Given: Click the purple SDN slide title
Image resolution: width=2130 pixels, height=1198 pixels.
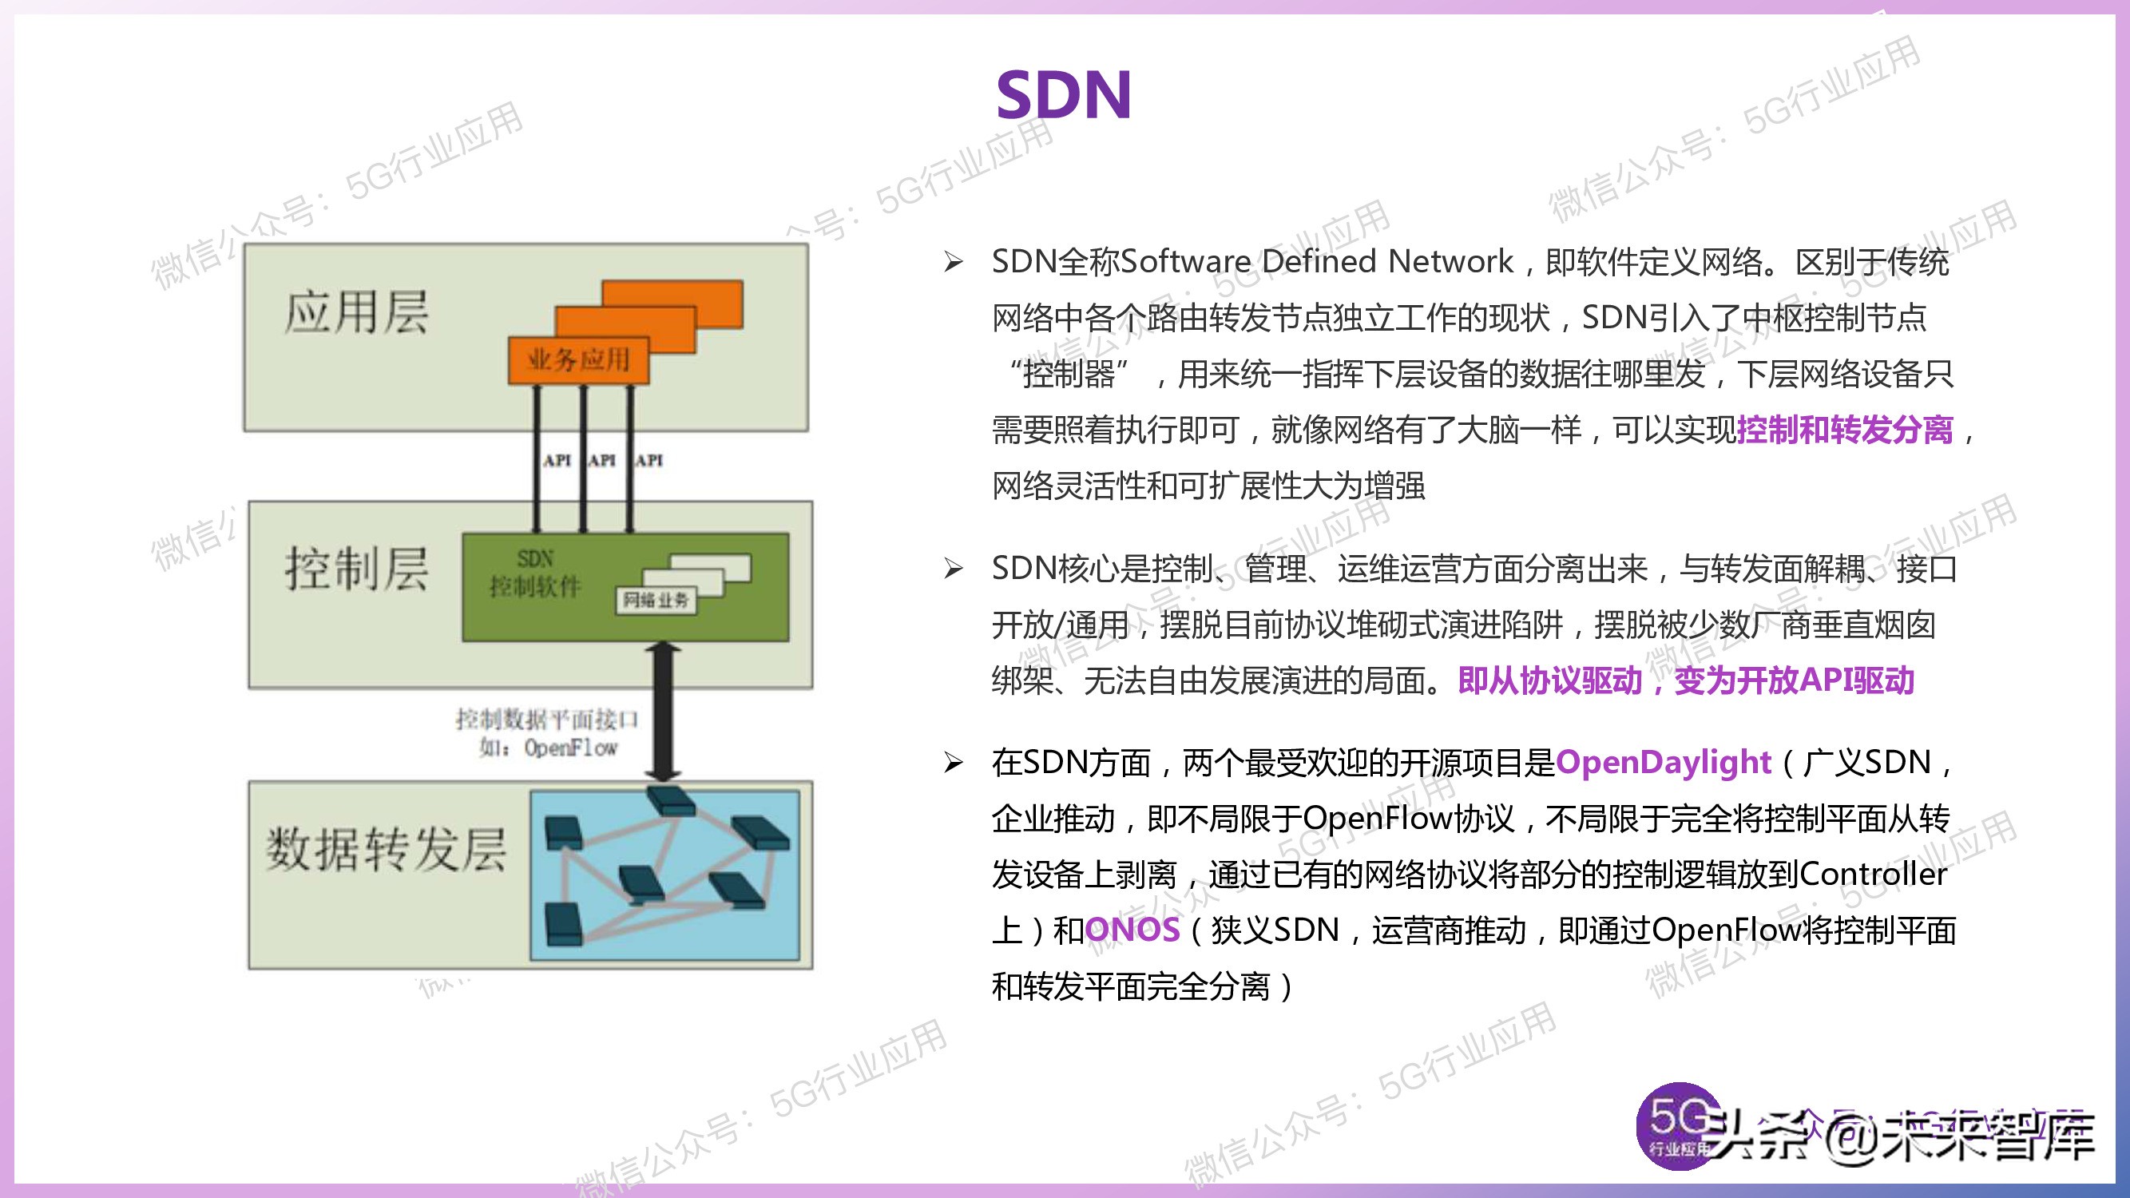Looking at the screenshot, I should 1063,95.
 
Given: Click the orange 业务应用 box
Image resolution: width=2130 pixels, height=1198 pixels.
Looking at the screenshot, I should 578,359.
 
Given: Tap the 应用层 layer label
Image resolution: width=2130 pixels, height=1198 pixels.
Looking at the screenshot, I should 356,312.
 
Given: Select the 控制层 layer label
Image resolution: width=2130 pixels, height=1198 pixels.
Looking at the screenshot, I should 356,569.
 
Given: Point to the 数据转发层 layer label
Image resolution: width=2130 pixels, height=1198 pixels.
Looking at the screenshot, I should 385,849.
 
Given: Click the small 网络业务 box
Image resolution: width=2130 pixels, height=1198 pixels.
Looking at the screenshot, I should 655,600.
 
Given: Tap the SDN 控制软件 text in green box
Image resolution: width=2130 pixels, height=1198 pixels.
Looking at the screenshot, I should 535,573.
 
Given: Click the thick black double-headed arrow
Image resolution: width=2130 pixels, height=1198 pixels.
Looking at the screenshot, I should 662,711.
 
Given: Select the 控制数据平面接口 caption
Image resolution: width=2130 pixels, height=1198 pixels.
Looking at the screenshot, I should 546,719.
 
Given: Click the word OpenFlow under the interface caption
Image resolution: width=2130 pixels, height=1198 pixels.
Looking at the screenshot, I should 570,748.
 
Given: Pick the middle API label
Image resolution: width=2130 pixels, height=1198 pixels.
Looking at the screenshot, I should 601,460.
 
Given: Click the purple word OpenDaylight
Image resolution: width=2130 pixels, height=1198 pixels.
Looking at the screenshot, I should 1663,761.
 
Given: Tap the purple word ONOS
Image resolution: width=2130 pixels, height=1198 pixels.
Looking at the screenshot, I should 1132,930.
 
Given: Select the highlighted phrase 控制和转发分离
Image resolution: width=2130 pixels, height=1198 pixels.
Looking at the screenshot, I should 1845,430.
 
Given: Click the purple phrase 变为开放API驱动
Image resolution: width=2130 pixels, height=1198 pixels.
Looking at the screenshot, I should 1795,680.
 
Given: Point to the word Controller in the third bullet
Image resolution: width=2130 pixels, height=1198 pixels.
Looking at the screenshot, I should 1873,874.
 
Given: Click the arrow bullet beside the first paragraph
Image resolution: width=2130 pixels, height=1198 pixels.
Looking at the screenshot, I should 954,262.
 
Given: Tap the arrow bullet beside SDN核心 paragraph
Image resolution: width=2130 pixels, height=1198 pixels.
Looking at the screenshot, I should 954,569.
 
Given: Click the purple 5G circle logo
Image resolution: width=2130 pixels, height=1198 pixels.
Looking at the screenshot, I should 1678,1125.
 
